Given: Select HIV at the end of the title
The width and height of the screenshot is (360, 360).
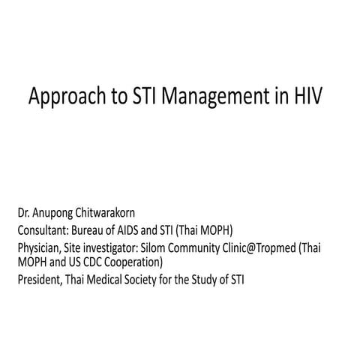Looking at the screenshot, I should coord(305,98).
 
